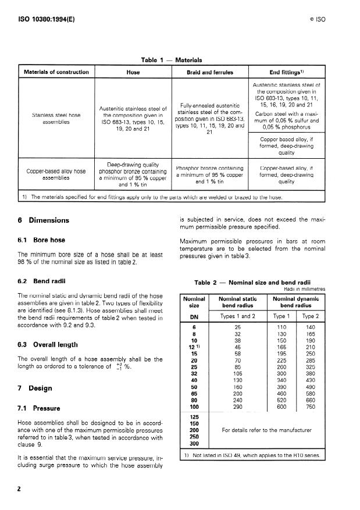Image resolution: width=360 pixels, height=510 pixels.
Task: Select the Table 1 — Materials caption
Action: point(172,60)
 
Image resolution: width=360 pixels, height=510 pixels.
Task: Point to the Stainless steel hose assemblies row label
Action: point(56,119)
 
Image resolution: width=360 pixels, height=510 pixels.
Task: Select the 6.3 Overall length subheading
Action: point(48,344)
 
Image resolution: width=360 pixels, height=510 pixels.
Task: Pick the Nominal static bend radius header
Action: point(237,302)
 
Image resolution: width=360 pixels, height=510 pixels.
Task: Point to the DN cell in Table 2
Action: point(195,317)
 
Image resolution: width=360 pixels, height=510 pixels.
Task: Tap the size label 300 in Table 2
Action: point(195,443)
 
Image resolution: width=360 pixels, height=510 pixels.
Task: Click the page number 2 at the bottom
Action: point(20,490)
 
